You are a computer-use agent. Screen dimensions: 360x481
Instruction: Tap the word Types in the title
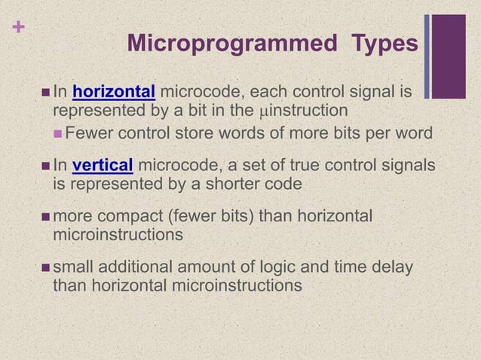tap(384, 44)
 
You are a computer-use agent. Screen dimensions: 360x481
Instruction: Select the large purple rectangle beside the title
tap(449, 56)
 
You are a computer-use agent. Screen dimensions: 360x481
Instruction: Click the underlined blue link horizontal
tap(114, 93)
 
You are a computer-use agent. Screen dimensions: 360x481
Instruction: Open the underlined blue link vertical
tap(103, 166)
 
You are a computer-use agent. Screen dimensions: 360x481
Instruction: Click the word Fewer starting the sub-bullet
tap(87, 133)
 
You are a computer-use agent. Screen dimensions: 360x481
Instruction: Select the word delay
tap(392, 267)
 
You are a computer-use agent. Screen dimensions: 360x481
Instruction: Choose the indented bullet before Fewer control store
tap(59, 134)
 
